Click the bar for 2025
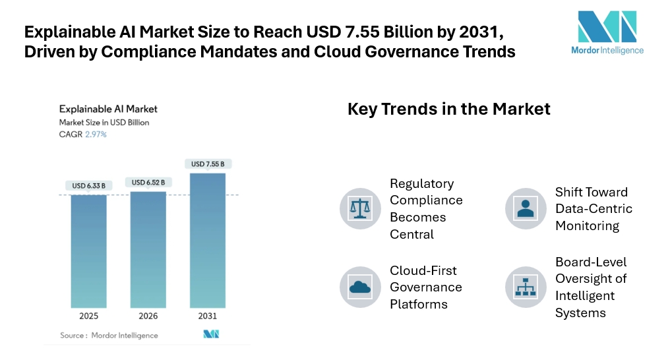pyautogui.click(x=89, y=251)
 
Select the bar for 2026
pyautogui.click(x=148, y=249)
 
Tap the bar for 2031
pyautogui.click(x=208, y=241)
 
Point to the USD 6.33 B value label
pyautogui.click(x=88, y=185)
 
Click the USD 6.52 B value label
pyautogui.click(x=148, y=182)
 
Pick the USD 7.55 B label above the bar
pyautogui.click(x=208, y=164)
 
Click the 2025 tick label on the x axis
pyautogui.click(x=89, y=316)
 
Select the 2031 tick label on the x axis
pyautogui.click(x=208, y=316)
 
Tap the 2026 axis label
pyautogui.click(x=148, y=316)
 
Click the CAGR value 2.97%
pyautogui.click(x=96, y=135)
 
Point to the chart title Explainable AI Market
pyautogui.click(x=108, y=109)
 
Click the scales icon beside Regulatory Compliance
pyautogui.click(x=360, y=208)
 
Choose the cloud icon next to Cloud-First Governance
pyautogui.click(x=360, y=287)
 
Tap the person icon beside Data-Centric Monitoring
pyautogui.click(x=526, y=208)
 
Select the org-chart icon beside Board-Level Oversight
pyautogui.click(x=526, y=287)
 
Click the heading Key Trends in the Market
pyautogui.click(x=448, y=109)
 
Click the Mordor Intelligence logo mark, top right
pyautogui.click(x=607, y=26)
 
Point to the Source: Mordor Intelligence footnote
pyautogui.click(x=109, y=335)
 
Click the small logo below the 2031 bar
pyautogui.click(x=211, y=334)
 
